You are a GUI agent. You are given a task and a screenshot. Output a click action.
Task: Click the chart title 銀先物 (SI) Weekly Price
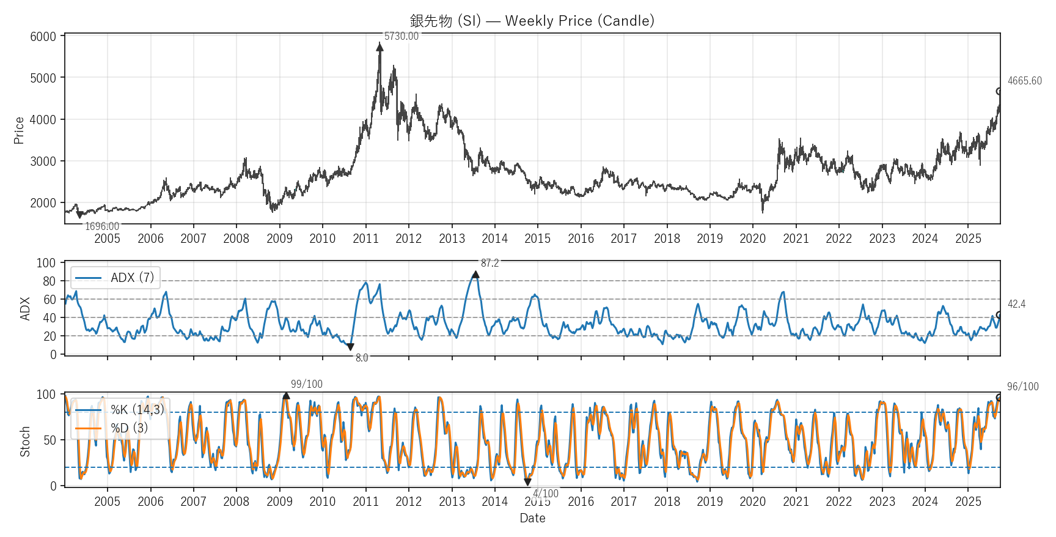pyautogui.click(x=532, y=21)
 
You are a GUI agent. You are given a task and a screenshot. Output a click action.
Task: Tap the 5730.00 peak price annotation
pyautogui.click(x=402, y=37)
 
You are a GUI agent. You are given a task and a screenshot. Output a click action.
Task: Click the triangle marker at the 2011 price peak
pyautogui.click(x=380, y=47)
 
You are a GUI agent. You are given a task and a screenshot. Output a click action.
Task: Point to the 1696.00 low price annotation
pyautogui.click(x=102, y=226)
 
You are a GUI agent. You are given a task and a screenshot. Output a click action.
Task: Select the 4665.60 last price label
pyautogui.click(x=1024, y=81)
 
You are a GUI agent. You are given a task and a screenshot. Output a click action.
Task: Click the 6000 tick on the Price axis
pyautogui.click(x=43, y=37)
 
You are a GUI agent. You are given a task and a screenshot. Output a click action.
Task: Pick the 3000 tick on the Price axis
pyautogui.click(x=43, y=161)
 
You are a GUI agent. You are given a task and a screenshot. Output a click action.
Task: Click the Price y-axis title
pyautogui.click(x=19, y=130)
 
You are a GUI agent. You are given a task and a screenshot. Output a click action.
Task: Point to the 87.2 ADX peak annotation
pyautogui.click(x=490, y=264)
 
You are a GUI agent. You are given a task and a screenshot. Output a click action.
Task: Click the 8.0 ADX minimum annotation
pyautogui.click(x=362, y=358)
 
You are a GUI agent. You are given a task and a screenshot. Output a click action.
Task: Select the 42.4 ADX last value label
pyautogui.click(x=1016, y=304)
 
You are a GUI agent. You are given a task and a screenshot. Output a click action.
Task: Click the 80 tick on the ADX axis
pyautogui.click(x=49, y=281)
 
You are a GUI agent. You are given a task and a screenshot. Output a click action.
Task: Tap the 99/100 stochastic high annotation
pyautogui.click(x=306, y=384)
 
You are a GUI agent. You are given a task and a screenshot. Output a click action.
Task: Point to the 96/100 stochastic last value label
pyautogui.click(x=1022, y=387)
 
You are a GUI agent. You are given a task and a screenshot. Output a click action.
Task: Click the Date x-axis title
pyautogui.click(x=532, y=518)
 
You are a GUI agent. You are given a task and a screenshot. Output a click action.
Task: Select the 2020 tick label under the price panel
pyautogui.click(x=752, y=239)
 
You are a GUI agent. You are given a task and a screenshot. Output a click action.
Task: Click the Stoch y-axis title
pyautogui.click(x=25, y=442)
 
